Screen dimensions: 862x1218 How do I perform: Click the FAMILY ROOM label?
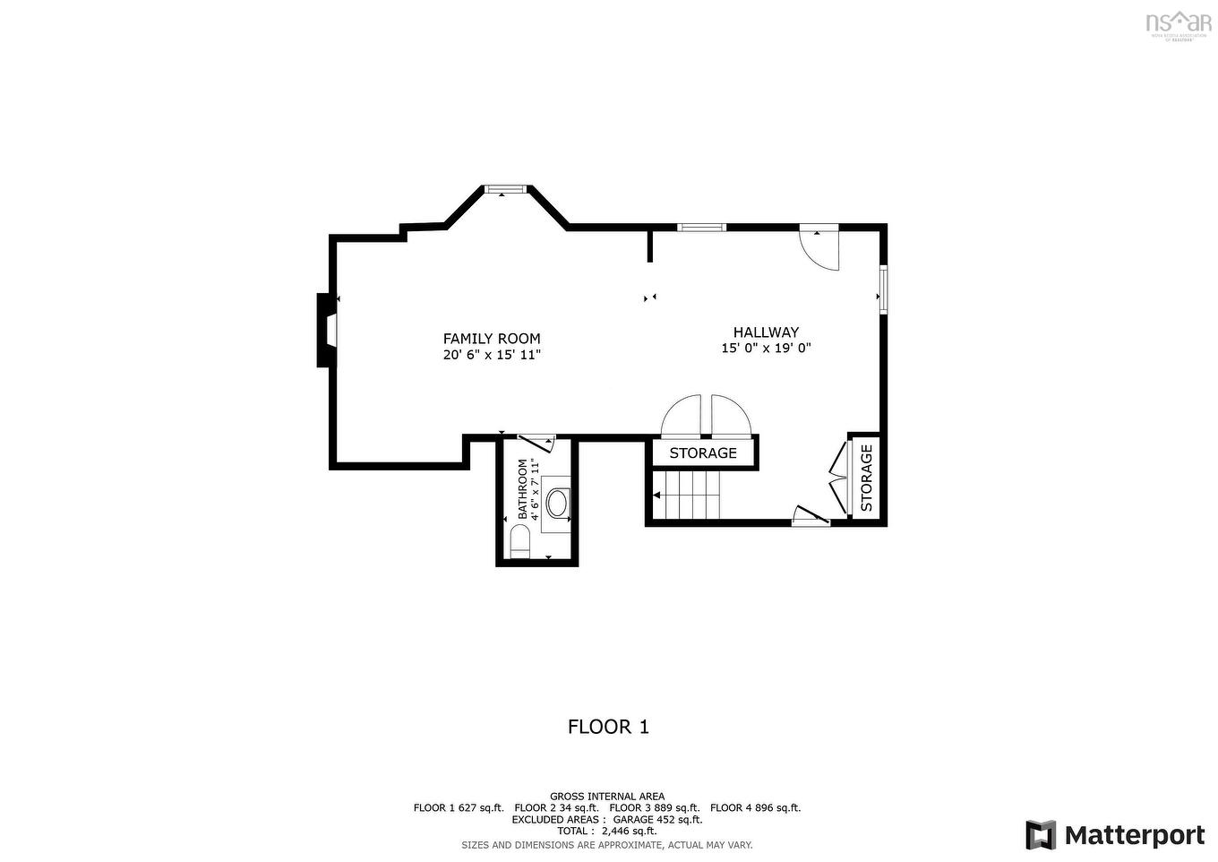492,339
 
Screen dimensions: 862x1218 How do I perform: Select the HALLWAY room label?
766,332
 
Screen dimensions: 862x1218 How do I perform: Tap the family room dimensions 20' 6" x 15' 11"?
492,355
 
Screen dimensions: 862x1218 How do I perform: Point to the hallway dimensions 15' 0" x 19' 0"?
766,349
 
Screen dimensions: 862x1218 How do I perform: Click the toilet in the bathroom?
519,541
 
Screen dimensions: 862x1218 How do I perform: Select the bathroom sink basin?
557,502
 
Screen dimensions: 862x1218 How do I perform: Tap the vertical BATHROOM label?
523,489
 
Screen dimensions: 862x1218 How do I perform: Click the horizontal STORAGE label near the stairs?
703,453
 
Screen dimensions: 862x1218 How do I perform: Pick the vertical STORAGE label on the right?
866,478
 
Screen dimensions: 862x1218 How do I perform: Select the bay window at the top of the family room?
506,189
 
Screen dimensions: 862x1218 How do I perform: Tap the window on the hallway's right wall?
882,289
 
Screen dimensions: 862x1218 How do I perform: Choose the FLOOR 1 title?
608,727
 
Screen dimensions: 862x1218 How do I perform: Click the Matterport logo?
1115,835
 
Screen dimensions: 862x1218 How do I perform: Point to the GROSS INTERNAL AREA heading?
607,796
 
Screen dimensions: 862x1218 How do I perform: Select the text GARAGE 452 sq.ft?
657,819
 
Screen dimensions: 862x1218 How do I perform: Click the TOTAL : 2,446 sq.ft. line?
607,831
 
